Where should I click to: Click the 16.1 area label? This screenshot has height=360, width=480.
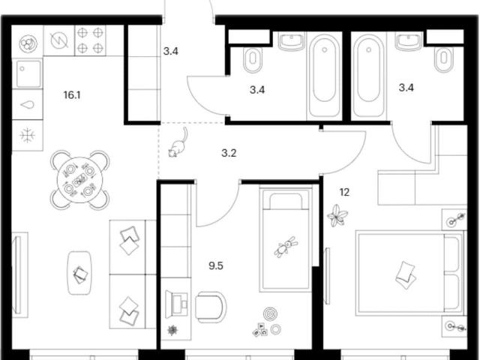click(x=72, y=95)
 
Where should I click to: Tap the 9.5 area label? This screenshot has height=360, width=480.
click(x=216, y=265)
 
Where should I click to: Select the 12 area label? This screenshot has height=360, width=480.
click(x=344, y=192)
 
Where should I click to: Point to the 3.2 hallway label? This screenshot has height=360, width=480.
click(x=229, y=153)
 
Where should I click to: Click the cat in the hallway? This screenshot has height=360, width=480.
click(x=178, y=143)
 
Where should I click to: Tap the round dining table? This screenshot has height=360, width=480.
click(x=79, y=180)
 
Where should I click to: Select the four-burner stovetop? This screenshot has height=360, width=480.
click(x=90, y=40)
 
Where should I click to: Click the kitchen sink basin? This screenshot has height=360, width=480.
click(x=28, y=73)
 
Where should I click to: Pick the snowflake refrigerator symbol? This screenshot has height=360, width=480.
click(x=28, y=135)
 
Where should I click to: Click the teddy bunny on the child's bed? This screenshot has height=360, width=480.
click(x=286, y=247)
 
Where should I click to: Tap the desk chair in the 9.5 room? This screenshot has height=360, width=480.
click(x=211, y=307)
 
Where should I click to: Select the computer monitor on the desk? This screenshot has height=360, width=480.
click(x=176, y=304)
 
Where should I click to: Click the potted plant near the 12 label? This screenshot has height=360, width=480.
click(x=337, y=215)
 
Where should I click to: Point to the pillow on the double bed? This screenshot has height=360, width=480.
click(x=406, y=275)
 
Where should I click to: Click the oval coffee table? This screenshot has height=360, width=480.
click(x=79, y=273)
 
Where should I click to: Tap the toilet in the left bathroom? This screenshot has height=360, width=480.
click(x=253, y=60)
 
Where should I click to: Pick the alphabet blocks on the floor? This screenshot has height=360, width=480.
click(x=260, y=330)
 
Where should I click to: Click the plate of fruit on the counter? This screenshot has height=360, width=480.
click(x=28, y=43)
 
